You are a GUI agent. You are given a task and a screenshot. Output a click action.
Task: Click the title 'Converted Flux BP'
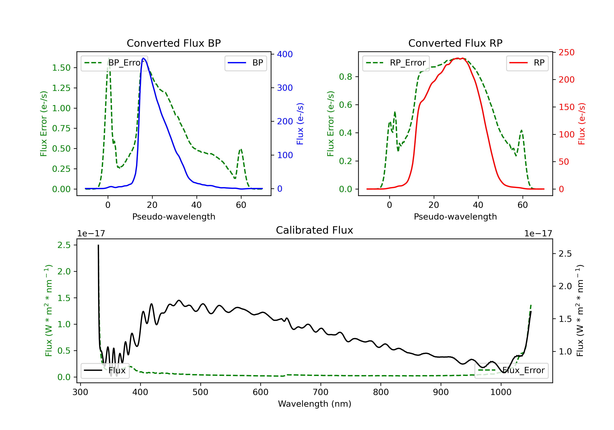click(174, 43)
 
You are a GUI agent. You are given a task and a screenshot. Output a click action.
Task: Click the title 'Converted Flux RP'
click(455, 43)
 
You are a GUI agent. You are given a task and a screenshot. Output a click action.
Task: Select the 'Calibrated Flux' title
click(315, 230)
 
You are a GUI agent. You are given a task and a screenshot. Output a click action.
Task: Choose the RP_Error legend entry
click(396, 63)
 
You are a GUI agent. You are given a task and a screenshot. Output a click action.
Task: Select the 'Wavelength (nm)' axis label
click(315, 404)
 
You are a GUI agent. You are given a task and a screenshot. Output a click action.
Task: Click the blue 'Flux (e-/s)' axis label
click(300, 124)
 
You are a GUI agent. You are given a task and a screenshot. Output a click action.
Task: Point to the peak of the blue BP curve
click(143, 58)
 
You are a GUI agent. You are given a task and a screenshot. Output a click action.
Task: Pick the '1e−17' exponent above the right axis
click(538, 234)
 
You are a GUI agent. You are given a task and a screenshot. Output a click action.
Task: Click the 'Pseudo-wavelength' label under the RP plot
click(455, 216)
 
